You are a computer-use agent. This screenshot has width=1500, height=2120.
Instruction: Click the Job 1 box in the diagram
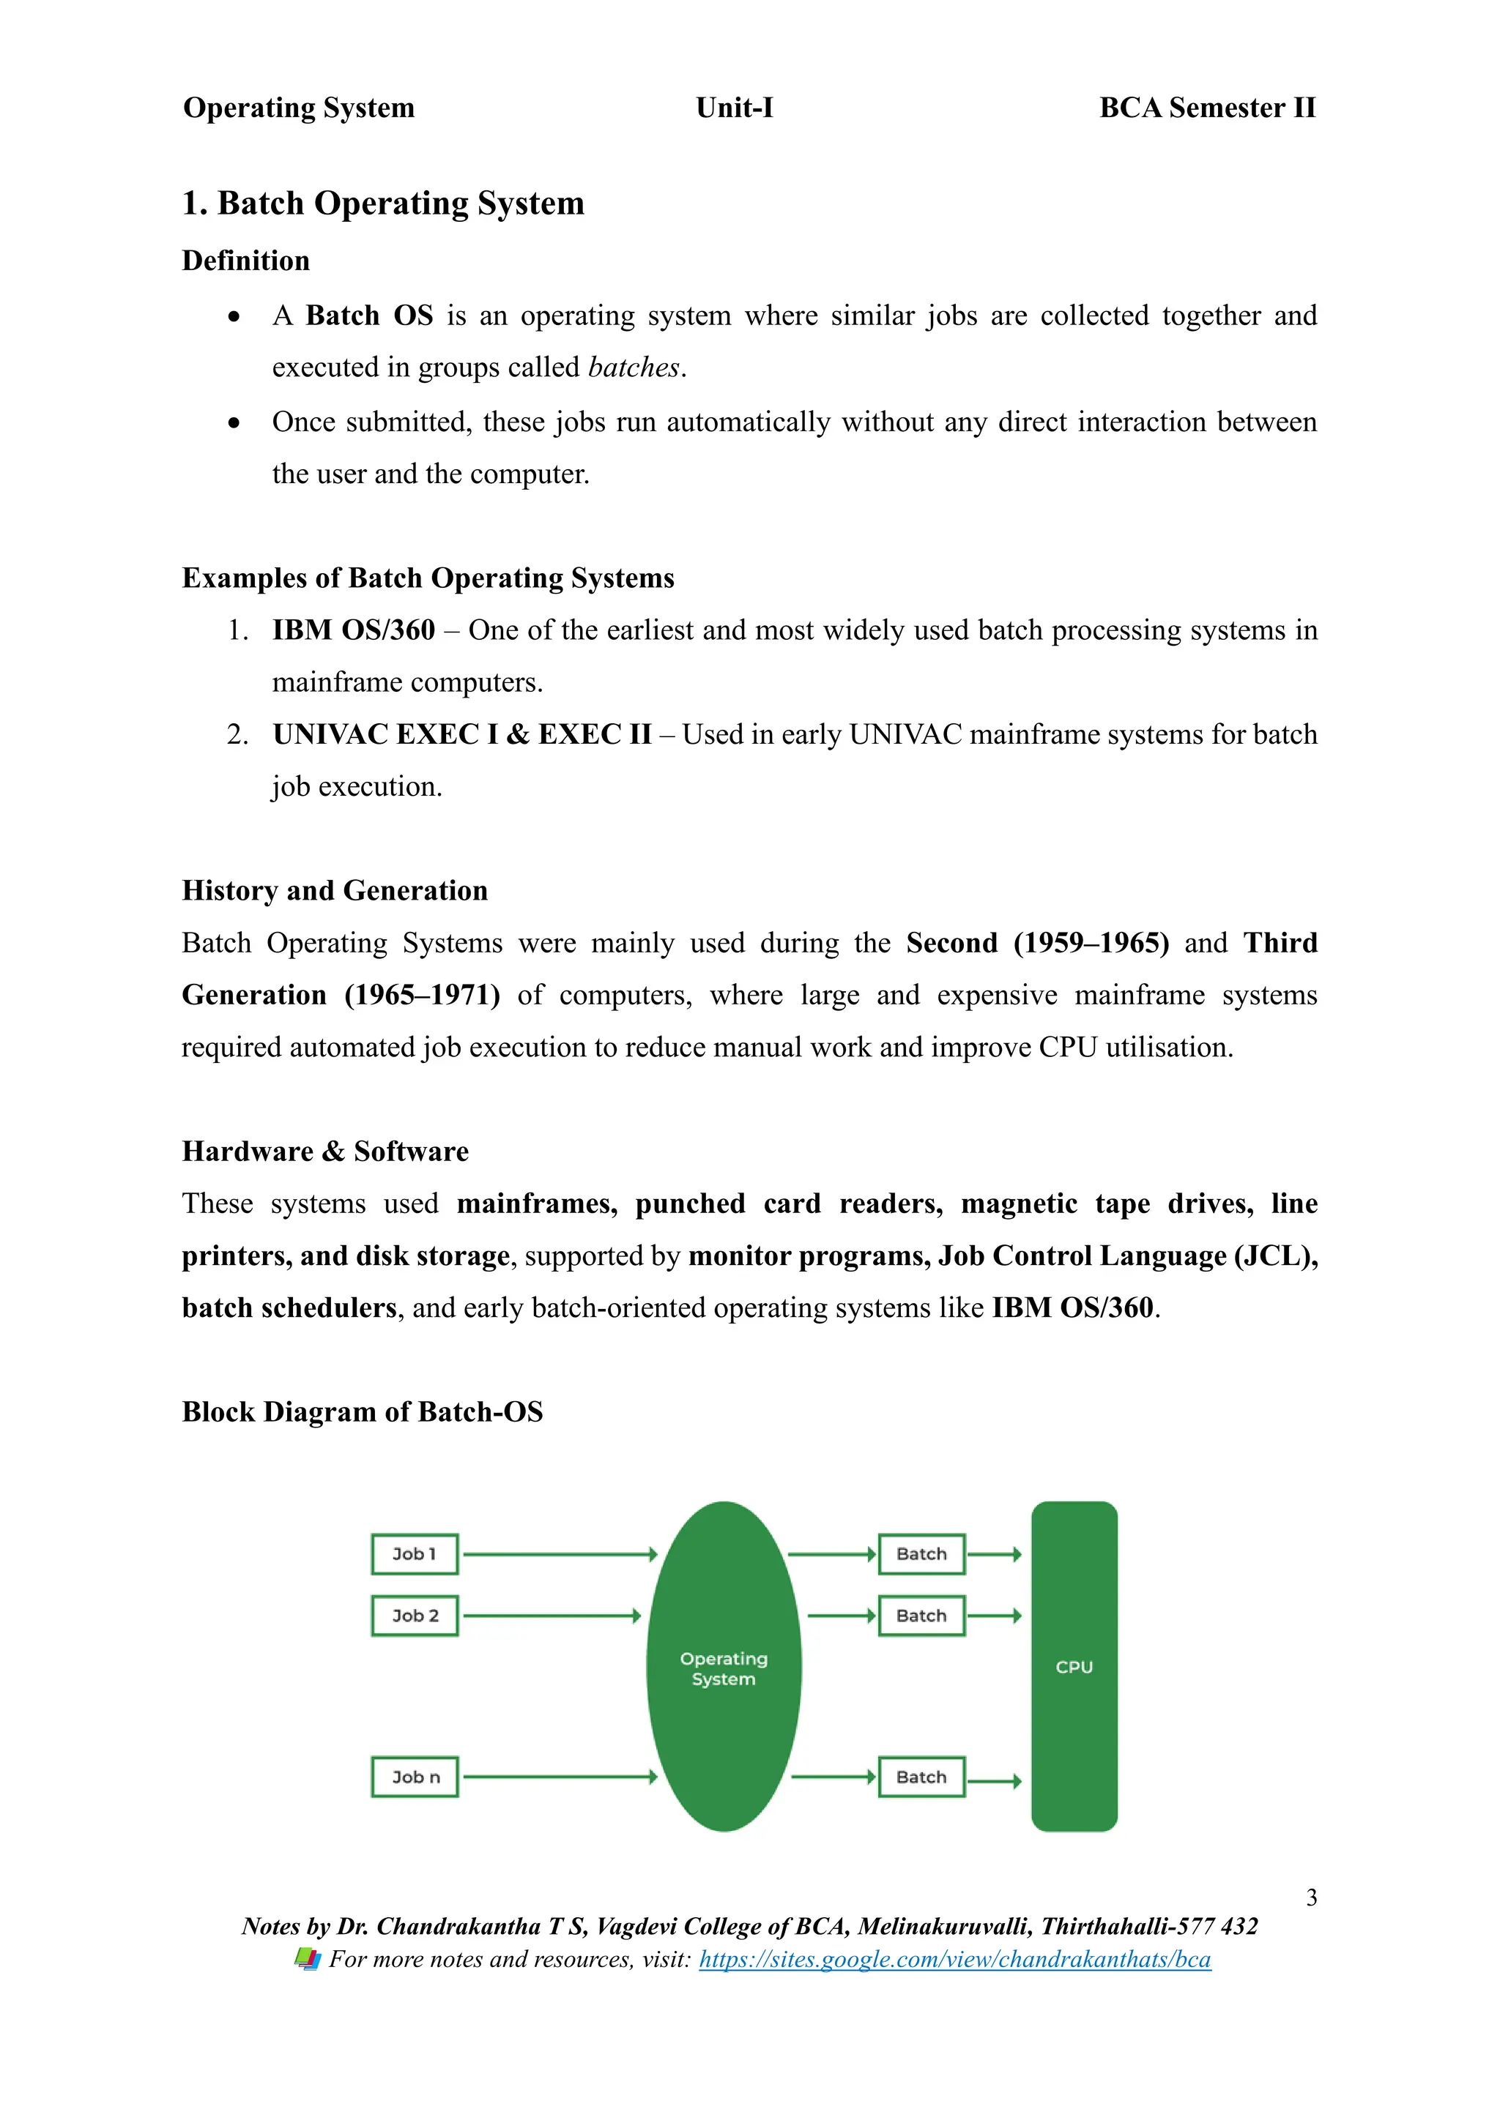point(415,1554)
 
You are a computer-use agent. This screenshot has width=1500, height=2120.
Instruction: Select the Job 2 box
point(415,1616)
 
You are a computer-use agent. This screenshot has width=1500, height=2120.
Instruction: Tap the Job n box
point(415,1777)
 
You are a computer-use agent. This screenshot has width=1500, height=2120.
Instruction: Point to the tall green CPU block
point(1074,1667)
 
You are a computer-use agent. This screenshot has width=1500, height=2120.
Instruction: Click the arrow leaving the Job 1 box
point(559,1555)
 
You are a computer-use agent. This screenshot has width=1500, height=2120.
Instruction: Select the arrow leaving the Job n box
point(559,1777)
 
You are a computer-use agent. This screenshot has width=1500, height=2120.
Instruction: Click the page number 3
point(1310,1897)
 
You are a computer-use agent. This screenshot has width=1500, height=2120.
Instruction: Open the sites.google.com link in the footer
point(954,1960)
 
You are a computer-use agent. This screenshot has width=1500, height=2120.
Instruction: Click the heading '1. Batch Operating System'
point(383,203)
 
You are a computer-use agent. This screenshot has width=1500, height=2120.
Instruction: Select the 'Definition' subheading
point(245,261)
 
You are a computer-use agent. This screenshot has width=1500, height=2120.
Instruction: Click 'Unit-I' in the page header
point(735,108)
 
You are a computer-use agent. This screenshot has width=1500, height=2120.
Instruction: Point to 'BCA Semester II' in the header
point(1207,108)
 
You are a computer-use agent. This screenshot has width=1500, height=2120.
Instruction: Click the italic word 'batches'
point(634,367)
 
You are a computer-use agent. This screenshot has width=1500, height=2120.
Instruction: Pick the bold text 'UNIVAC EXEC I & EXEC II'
point(462,734)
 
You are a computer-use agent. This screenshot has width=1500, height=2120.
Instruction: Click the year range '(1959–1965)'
point(1091,943)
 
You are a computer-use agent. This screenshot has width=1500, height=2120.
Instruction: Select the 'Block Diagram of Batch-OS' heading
point(362,1412)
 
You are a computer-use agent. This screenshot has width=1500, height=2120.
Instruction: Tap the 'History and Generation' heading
point(335,890)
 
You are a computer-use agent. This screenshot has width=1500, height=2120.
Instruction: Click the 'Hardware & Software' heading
point(325,1152)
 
